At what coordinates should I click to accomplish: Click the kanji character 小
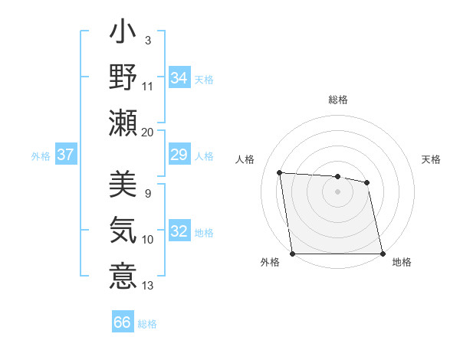123,35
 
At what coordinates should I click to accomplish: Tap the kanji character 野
123,78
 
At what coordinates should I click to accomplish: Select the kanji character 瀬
123,123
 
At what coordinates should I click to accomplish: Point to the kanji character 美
123,185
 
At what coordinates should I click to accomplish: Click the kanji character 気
123,230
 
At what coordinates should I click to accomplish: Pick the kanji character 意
123,275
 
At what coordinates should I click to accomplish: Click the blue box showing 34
179,77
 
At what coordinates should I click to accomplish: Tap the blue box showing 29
179,155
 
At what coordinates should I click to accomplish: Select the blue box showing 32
179,232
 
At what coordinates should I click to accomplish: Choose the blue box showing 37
66,155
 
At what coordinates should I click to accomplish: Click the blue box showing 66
123,322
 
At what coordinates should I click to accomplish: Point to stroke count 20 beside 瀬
148,133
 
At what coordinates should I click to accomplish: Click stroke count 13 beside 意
148,286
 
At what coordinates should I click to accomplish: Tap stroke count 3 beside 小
147,40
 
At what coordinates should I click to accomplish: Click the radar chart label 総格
338,100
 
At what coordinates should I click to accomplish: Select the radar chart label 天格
431,159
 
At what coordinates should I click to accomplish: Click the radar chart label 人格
245,159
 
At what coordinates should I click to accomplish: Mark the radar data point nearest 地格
383,254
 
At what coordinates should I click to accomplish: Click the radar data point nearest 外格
292,254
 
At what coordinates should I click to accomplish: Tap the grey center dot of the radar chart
337,191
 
